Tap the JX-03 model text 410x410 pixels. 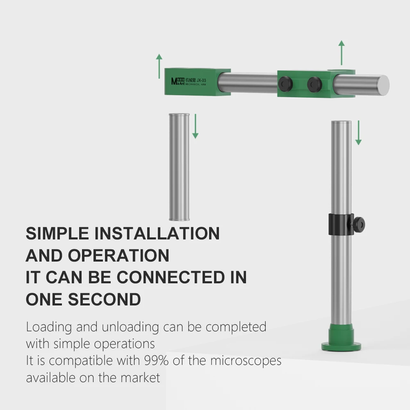(201, 80)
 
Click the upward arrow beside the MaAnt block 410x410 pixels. (159, 66)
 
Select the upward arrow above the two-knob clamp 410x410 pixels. (341, 52)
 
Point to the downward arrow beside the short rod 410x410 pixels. (196, 126)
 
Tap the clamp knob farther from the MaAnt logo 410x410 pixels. (314, 83)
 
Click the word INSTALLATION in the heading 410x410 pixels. (157, 233)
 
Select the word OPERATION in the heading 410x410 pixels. (118, 255)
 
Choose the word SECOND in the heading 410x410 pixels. (104, 300)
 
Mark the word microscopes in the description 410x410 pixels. (246, 360)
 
